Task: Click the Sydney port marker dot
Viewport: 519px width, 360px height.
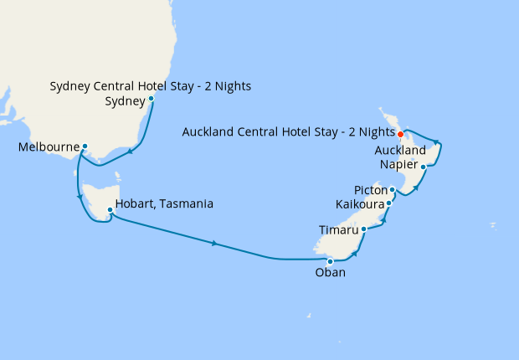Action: tap(151, 98)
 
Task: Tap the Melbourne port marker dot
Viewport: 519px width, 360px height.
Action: tap(85, 147)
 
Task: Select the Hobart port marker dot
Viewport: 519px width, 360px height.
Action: tap(110, 209)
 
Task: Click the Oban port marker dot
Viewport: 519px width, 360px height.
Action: tap(330, 261)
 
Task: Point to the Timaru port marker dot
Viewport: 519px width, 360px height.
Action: tap(363, 228)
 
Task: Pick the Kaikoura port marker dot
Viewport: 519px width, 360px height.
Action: tap(389, 203)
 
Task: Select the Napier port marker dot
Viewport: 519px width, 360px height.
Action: tap(424, 167)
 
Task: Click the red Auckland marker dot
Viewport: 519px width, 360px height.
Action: tap(400, 134)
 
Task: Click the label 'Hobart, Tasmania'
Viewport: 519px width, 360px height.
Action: tap(165, 203)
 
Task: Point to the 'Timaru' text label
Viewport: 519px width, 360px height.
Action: tap(338, 229)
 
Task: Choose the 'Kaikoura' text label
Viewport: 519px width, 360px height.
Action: tap(359, 204)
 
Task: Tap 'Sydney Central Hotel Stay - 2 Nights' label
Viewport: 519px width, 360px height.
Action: tap(151, 86)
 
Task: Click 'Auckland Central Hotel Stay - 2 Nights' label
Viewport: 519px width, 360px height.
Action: tap(288, 131)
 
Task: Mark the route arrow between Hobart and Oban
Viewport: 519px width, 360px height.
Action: tap(215, 244)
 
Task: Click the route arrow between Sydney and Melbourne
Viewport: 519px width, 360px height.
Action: tap(131, 152)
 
